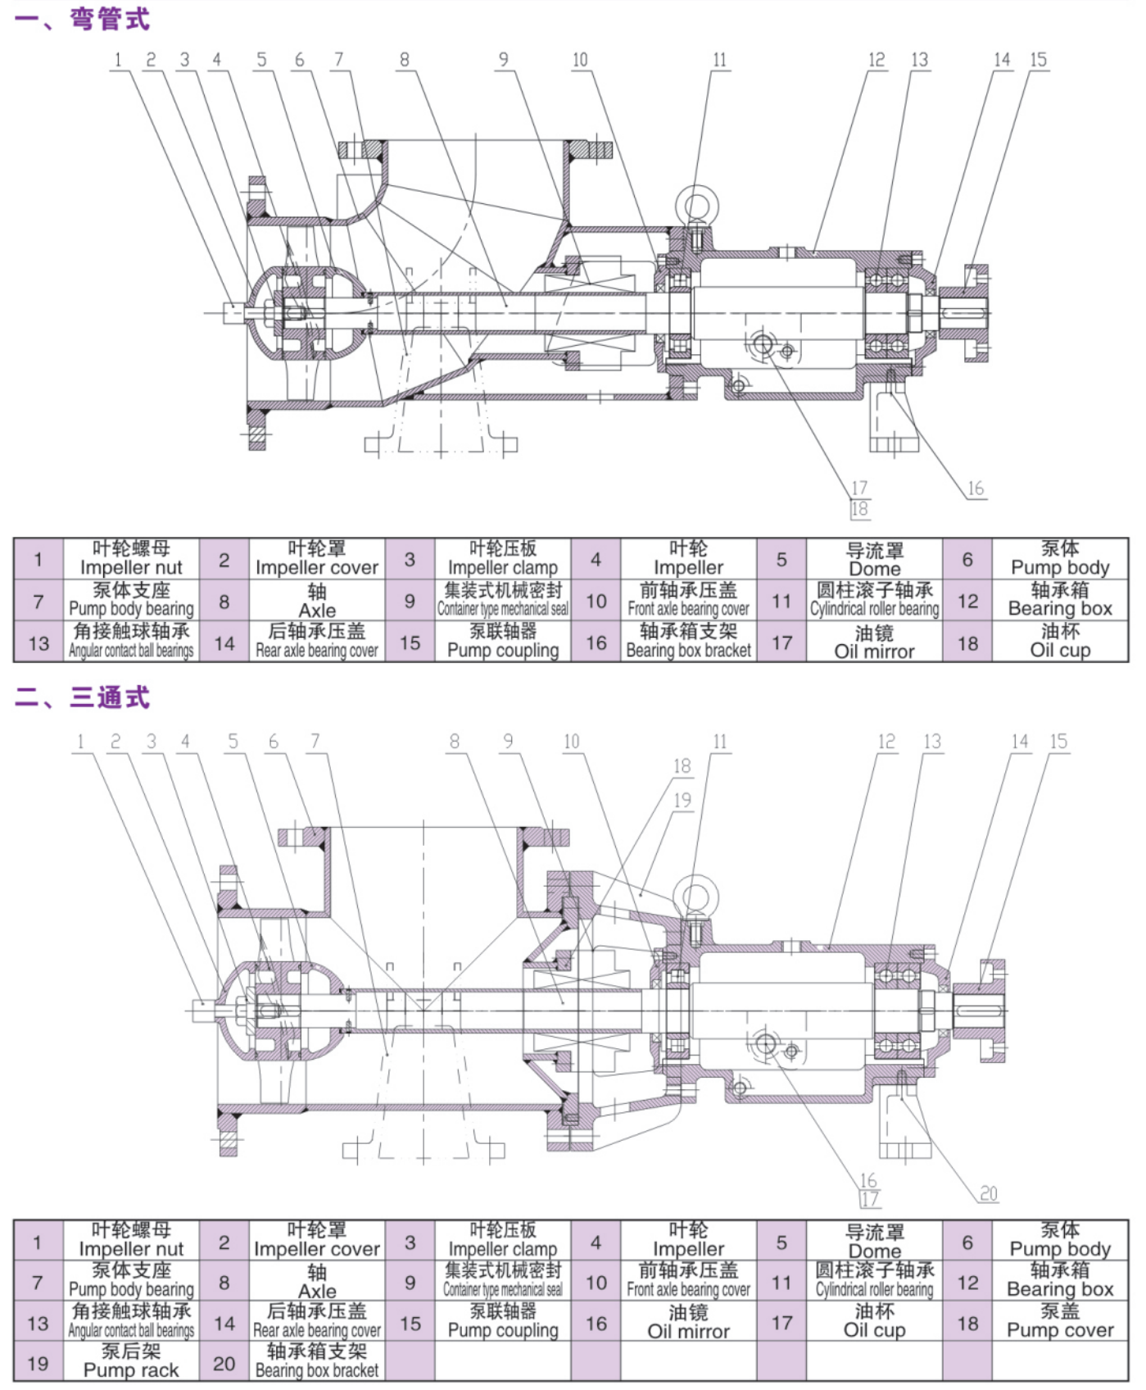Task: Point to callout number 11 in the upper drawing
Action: click(x=719, y=60)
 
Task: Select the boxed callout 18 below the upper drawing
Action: click(x=859, y=509)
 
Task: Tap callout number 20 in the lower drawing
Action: click(x=989, y=1193)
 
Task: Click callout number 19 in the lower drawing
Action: click(x=682, y=800)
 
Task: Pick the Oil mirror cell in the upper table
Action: click(x=874, y=642)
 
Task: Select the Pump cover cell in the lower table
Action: click(x=1060, y=1322)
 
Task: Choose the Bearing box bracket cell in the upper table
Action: click(x=688, y=642)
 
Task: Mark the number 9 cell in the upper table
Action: click(x=410, y=601)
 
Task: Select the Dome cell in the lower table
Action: click(x=874, y=1242)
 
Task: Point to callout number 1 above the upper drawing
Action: click(x=118, y=60)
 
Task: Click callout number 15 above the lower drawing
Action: click(x=1058, y=742)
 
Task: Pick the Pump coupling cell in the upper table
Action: click(x=502, y=642)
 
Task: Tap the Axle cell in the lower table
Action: click(x=317, y=1282)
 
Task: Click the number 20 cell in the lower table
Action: click(x=224, y=1363)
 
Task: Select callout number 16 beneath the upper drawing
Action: click(x=975, y=489)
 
